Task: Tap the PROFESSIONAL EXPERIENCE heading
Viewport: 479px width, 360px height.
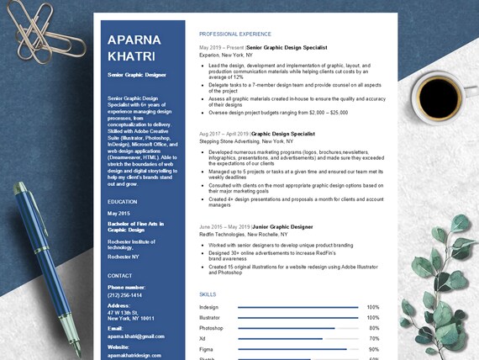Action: click(235, 34)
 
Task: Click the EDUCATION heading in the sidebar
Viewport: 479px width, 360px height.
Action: click(122, 202)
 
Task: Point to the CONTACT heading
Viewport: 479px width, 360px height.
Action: click(120, 276)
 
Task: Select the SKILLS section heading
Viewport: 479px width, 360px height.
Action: click(208, 294)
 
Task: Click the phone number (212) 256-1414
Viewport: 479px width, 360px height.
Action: click(124, 295)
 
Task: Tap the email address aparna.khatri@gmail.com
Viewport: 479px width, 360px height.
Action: click(136, 336)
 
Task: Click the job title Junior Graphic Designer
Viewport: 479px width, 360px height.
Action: click(282, 227)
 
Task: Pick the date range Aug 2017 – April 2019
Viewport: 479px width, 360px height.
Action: click(224, 134)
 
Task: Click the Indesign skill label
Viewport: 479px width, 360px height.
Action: click(209, 307)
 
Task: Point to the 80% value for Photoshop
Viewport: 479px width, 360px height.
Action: click(373, 328)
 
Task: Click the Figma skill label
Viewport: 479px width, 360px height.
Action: click(207, 349)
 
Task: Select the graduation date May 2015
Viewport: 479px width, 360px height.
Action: click(118, 214)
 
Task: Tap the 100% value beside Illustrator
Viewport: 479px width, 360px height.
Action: click(373, 318)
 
